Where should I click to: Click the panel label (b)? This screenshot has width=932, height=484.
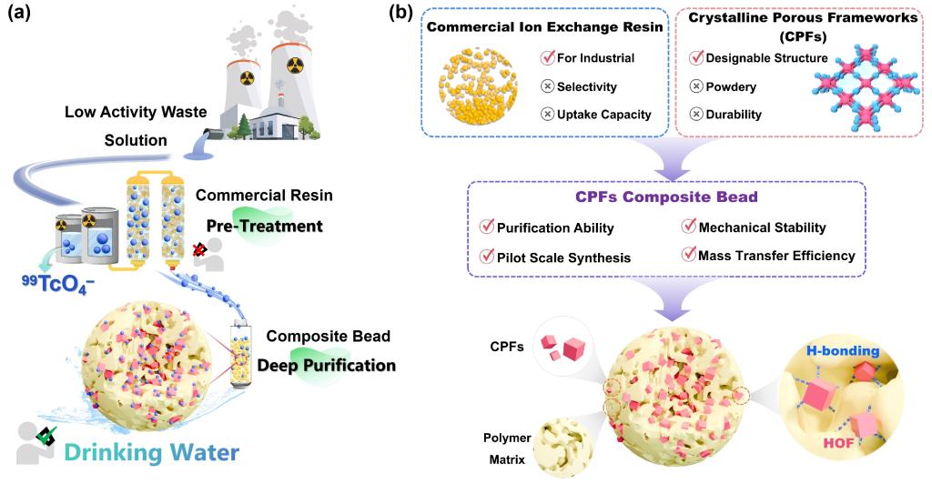click(404, 15)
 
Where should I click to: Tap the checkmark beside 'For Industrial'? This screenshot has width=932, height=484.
click(547, 59)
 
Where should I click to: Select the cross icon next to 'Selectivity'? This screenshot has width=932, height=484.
click(547, 86)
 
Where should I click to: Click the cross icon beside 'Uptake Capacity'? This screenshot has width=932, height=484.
click(547, 114)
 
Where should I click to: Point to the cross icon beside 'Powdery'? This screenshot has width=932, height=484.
click(696, 86)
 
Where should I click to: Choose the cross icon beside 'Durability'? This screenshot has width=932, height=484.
click(696, 114)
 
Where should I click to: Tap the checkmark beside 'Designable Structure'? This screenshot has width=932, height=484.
click(696, 59)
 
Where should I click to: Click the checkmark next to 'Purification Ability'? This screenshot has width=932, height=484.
click(486, 228)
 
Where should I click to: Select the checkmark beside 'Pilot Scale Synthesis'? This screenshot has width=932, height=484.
click(486, 257)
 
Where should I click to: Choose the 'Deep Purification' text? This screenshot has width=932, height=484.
click(326, 365)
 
